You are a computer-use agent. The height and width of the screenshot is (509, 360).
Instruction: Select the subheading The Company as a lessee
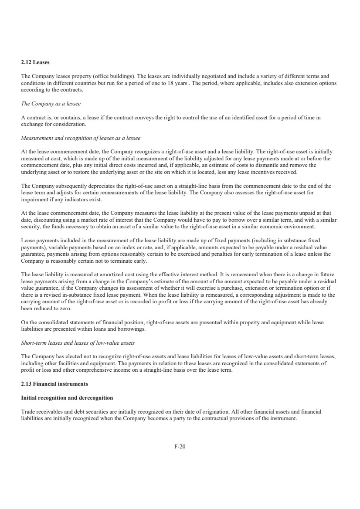click(x=51, y=104)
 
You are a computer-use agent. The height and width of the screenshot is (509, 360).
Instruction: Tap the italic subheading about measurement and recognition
click(x=81, y=138)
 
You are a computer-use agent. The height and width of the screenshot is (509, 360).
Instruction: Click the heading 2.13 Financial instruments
click(x=54, y=383)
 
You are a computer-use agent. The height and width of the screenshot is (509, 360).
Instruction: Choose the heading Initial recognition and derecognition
click(x=67, y=398)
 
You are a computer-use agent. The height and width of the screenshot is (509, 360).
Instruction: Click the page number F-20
click(x=180, y=446)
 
